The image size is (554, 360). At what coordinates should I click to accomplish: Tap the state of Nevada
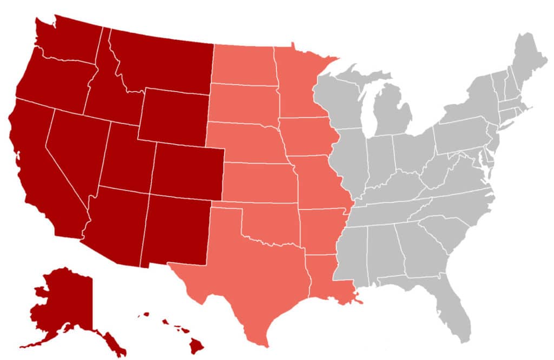point(73,146)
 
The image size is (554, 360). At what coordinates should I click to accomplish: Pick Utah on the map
point(124,157)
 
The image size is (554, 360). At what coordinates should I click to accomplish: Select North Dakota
point(243,65)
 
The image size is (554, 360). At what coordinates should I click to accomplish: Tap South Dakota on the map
point(243,103)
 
